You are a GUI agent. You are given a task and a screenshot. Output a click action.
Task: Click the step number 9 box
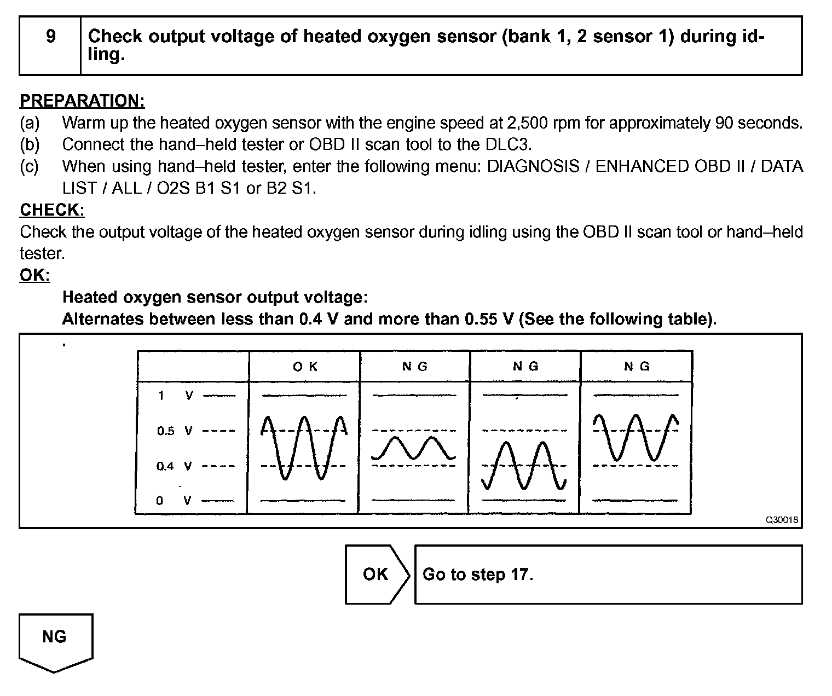(x=50, y=45)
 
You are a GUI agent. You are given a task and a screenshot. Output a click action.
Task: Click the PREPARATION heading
(x=82, y=101)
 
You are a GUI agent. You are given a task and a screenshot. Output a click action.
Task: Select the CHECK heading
(x=52, y=210)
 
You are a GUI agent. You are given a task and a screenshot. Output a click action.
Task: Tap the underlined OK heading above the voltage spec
(x=34, y=275)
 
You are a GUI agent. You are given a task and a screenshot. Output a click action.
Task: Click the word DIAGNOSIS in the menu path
(x=533, y=166)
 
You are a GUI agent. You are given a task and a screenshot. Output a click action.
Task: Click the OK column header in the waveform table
(x=305, y=367)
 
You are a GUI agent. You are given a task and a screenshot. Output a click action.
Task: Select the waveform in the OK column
(x=304, y=447)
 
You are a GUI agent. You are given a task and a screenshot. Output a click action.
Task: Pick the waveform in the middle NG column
(x=524, y=465)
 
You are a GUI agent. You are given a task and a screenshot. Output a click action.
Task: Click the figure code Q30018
(x=782, y=520)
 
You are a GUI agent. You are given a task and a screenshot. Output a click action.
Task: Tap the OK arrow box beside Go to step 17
(x=377, y=574)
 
